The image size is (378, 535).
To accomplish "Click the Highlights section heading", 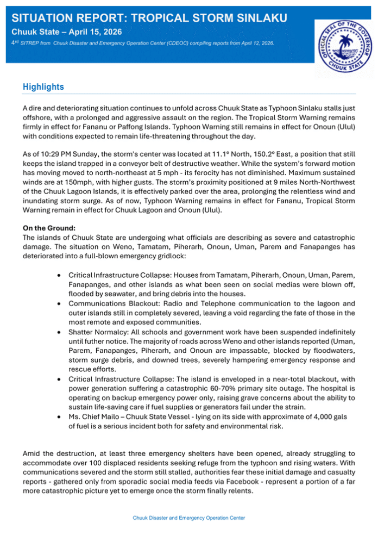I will click(x=43, y=87).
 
